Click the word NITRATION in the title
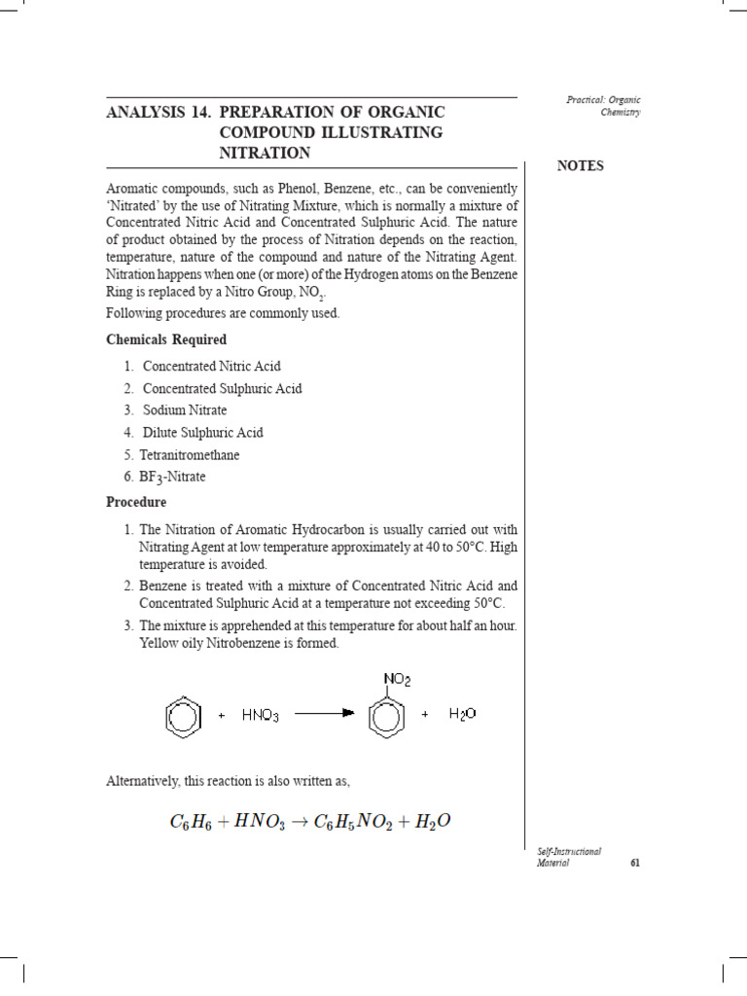(x=266, y=153)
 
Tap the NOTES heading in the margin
(x=581, y=165)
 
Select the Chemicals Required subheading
(x=166, y=339)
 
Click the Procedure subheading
(x=136, y=502)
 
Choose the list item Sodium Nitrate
(x=185, y=410)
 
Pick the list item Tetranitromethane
(x=191, y=454)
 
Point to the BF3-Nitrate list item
(x=174, y=477)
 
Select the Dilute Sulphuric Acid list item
(x=203, y=433)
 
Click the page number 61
(x=634, y=862)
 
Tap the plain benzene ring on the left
(x=183, y=719)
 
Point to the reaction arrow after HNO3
(x=324, y=715)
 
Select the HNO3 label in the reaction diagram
(x=263, y=716)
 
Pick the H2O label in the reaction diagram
(x=462, y=715)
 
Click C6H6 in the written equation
(x=193, y=823)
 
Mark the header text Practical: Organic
(x=603, y=100)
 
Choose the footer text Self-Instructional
(x=569, y=851)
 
